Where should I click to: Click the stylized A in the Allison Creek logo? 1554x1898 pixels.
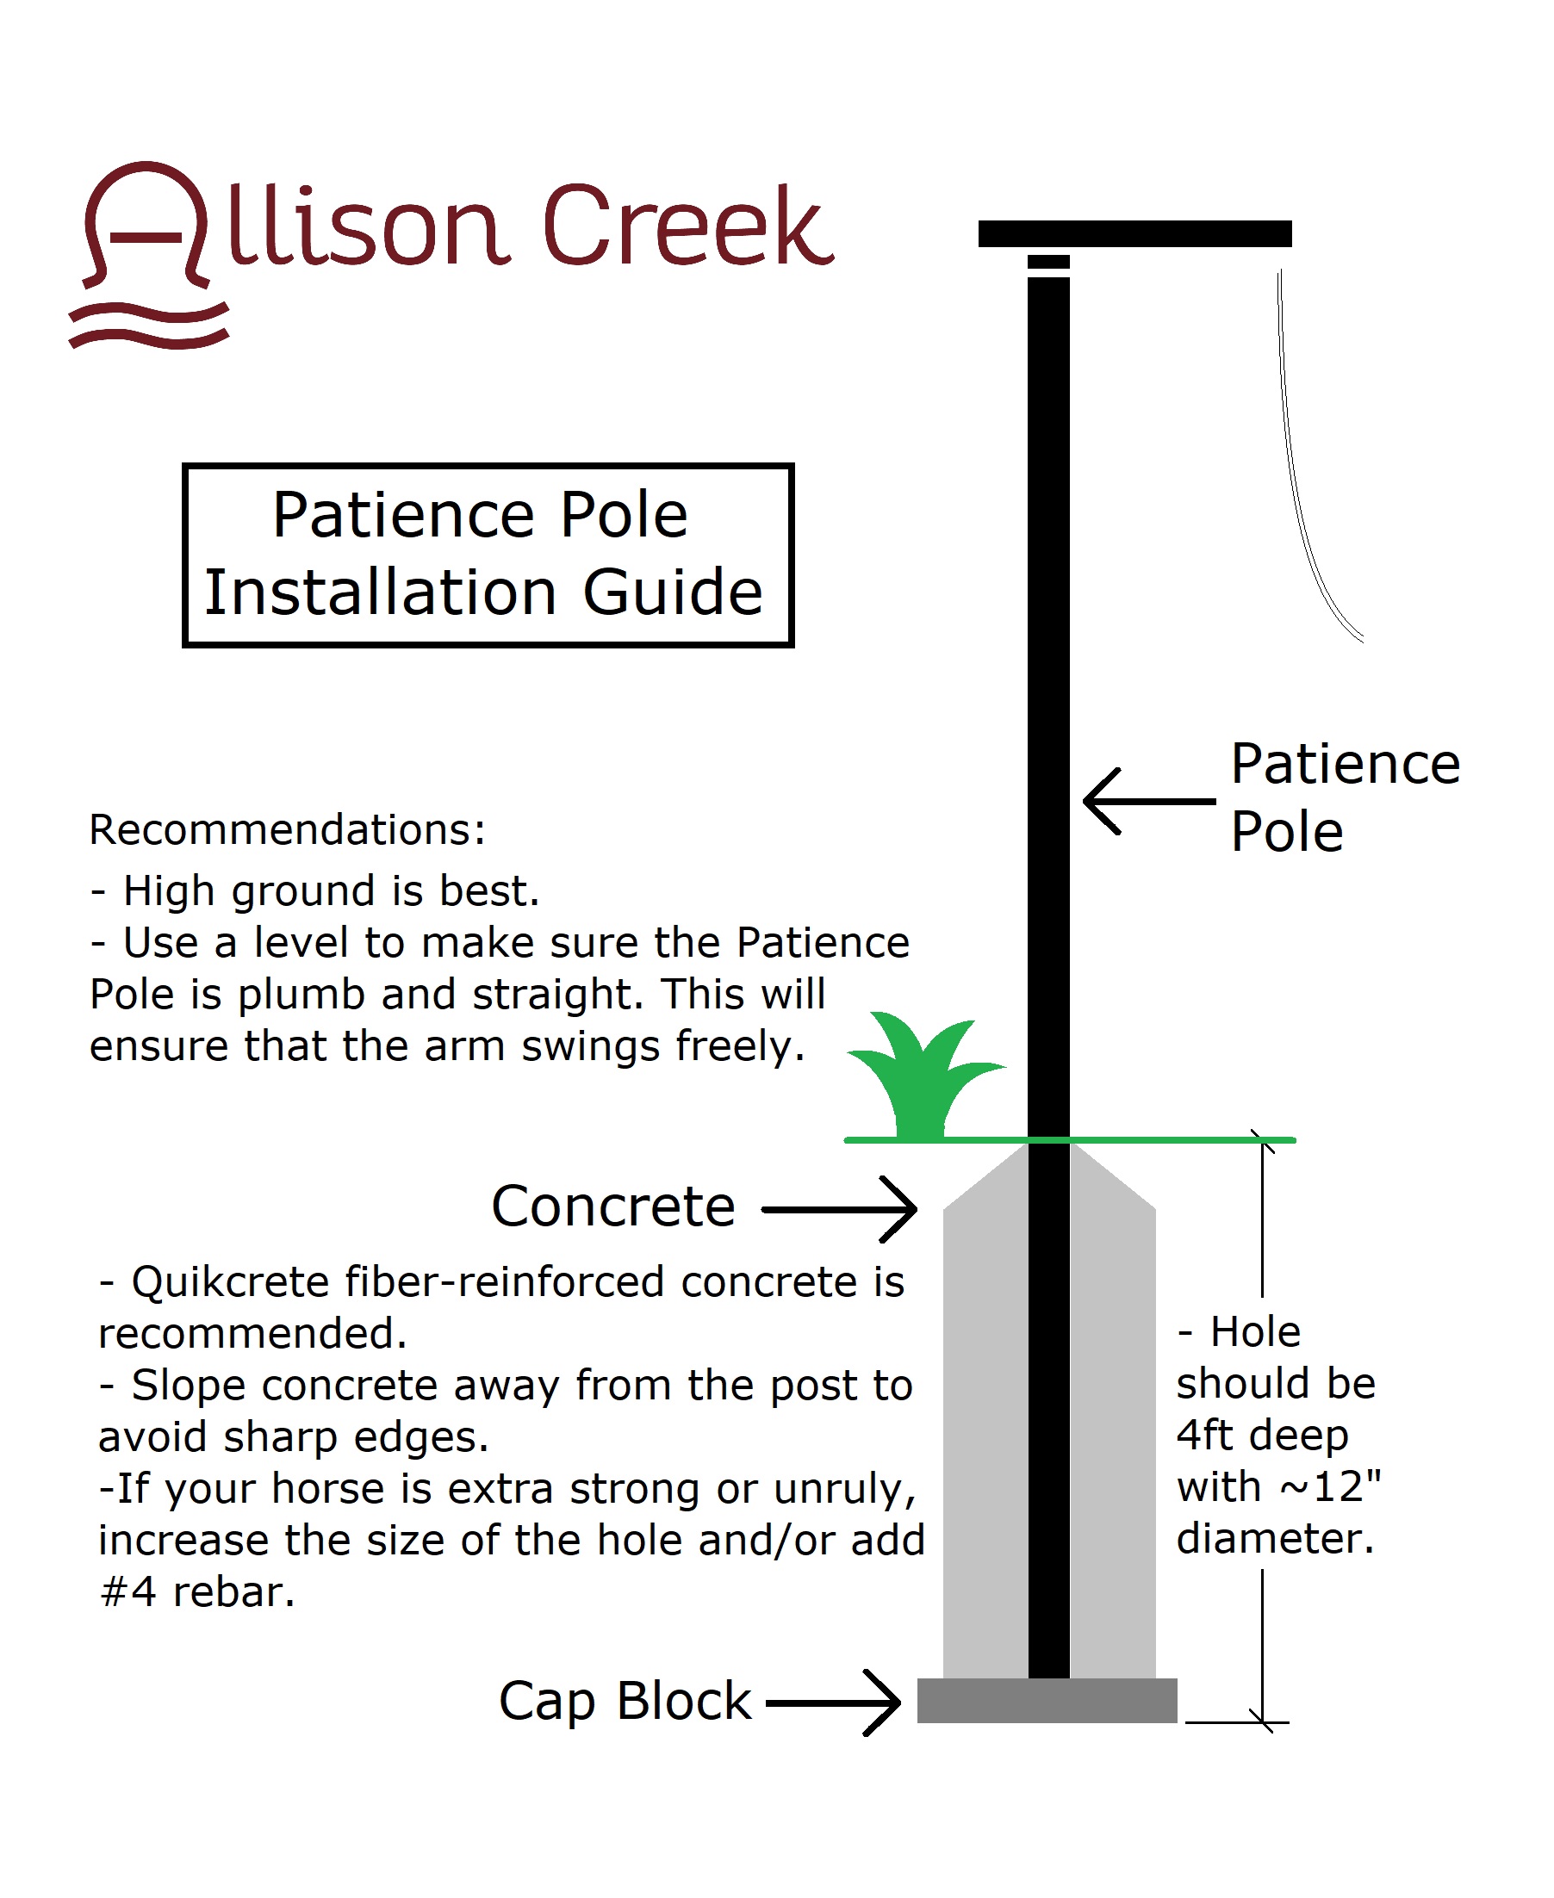pos(146,224)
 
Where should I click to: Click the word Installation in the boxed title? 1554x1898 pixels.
pos(381,592)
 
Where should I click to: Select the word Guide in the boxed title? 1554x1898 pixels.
pos(672,592)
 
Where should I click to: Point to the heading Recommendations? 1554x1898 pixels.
pos(288,829)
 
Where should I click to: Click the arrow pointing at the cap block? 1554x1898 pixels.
pos(833,1703)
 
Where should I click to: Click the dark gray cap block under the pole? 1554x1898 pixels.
pos(1047,1700)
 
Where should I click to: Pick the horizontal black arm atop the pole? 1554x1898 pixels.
pos(1134,233)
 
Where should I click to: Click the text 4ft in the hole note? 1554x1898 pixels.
pos(1205,1435)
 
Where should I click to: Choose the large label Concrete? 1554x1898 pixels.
pos(613,1206)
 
